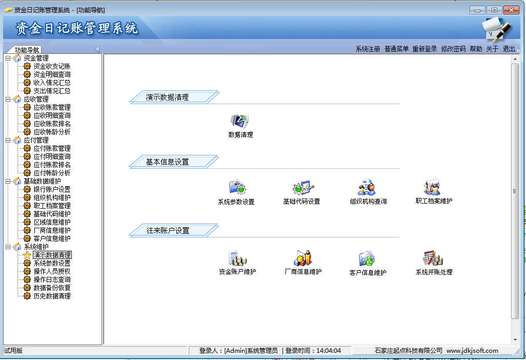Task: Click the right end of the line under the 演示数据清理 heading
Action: click(x=399, y=104)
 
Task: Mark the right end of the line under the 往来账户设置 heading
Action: click(x=399, y=237)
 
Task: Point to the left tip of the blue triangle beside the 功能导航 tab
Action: click(x=95, y=49)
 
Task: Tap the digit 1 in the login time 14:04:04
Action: click(x=318, y=351)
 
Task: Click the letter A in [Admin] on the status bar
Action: click(x=228, y=351)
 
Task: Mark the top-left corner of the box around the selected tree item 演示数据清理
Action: click(x=33, y=251)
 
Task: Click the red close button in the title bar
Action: click(x=511, y=10)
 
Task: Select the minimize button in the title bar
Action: click(x=477, y=10)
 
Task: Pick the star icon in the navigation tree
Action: click(x=27, y=255)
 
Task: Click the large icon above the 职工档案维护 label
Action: click(x=432, y=187)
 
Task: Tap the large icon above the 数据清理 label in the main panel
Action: click(x=239, y=121)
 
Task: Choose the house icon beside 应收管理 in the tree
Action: click(x=17, y=99)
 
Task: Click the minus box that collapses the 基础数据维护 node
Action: click(x=8, y=181)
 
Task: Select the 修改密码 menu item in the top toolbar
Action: click(x=453, y=49)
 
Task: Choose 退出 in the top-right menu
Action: click(x=509, y=49)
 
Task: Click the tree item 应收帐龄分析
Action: click(x=52, y=132)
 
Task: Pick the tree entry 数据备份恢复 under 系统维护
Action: click(x=52, y=288)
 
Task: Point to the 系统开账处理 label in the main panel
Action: click(x=434, y=272)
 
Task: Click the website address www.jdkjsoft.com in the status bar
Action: click(x=472, y=351)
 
